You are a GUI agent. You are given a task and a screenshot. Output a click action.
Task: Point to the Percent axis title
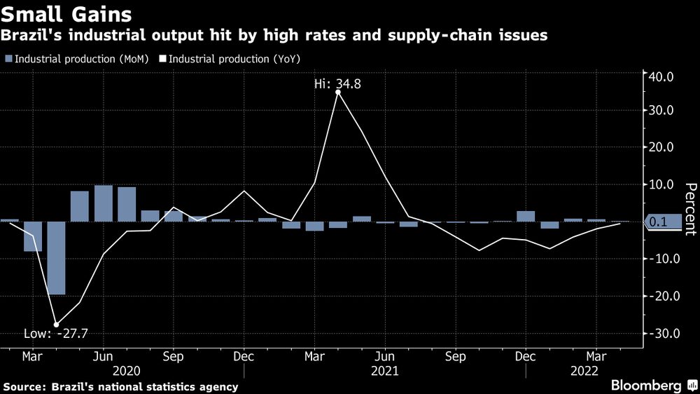coord(690,209)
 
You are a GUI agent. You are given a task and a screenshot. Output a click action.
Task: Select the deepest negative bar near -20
coord(56,257)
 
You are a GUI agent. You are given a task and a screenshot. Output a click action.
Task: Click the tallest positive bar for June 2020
coord(104,203)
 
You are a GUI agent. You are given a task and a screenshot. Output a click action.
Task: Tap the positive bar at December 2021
coord(526,216)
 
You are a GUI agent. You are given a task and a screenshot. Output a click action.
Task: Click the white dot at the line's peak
coord(338,92)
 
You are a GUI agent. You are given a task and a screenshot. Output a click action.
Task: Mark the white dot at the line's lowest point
coord(56,324)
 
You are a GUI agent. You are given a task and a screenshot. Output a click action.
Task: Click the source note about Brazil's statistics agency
coord(120,386)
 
